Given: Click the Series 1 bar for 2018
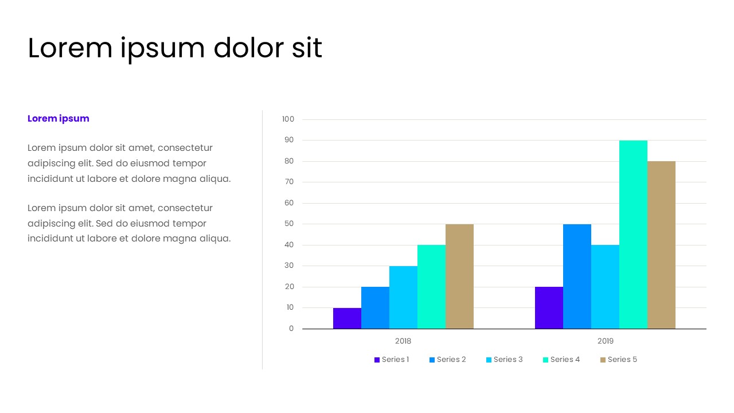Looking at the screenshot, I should [347, 318].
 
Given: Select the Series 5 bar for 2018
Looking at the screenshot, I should [459, 276].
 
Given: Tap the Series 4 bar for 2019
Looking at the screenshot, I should [633, 235].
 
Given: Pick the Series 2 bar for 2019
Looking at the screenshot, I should [577, 276].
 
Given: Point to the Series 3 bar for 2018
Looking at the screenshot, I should [403, 297].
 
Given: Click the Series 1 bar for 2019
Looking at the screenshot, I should [549, 307].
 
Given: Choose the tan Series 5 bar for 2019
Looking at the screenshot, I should [661, 245].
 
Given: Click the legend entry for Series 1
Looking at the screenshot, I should [392, 360].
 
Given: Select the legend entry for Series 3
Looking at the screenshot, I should [505, 360].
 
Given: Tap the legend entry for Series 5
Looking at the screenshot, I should [619, 360].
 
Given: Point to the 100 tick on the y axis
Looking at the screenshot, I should [288, 119].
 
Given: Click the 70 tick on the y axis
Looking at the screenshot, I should [289, 182].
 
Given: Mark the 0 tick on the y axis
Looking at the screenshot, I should [291, 329].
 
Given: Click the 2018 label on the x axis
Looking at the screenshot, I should [403, 341].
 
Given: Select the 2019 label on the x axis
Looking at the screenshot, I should [606, 341].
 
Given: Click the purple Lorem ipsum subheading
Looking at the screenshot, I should [58, 119].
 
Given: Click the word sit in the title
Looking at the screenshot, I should [307, 48].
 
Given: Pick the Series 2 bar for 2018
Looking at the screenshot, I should [375, 307].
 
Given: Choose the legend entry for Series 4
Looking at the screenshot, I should [561, 360].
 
